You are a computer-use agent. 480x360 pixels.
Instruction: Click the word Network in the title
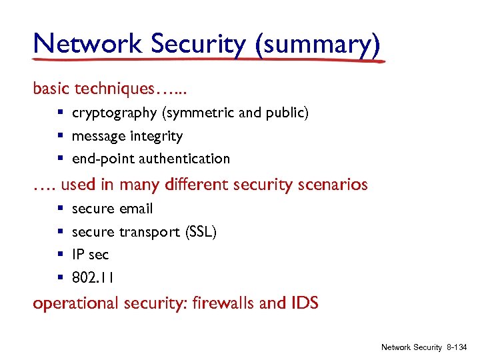coord(88,44)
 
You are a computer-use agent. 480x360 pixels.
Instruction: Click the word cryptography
coord(114,113)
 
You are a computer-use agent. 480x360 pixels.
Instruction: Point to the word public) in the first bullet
coord(288,113)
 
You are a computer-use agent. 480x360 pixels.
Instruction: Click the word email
coord(136,209)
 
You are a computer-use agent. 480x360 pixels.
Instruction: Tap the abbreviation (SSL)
coord(198,232)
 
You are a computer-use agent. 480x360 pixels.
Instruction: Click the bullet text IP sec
coord(90,255)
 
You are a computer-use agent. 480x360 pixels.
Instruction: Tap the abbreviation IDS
coord(305,303)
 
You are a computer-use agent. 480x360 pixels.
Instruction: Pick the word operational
coord(75,304)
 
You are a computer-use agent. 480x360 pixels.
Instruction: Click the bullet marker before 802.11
coord(60,277)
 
